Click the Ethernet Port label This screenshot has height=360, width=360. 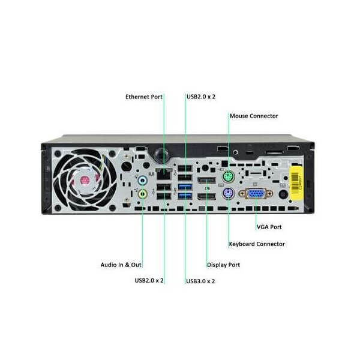(144, 97)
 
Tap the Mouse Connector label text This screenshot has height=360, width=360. (254, 116)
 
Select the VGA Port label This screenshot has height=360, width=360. (269, 227)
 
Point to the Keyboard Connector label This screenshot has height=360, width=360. (257, 244)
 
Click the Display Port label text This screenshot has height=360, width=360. (223, 265)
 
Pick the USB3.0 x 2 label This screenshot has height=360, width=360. (200, 281)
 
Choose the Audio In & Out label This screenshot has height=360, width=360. (121, 265)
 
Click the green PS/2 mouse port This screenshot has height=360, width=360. (229, 177)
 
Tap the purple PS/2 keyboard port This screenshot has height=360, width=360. (229, 194)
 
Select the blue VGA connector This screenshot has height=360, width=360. (256, 194)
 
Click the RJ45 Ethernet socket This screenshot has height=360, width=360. (164, 174)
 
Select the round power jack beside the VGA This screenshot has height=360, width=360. (283, 194)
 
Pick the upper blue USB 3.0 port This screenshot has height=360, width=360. (185, 187)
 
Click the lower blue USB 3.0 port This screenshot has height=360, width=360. (185, 196)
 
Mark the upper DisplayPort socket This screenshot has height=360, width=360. (206, 181)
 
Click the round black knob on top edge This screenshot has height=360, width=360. (160, 153)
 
